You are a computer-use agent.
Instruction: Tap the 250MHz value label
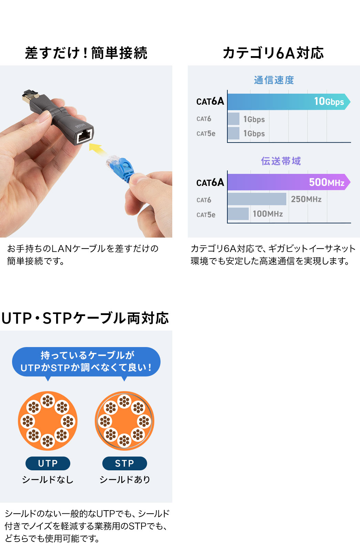point(306,199)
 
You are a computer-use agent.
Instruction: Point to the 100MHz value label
point(268,214)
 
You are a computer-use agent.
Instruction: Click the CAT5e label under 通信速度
point(206,134)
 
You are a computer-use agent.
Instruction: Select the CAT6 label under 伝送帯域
point(204,200)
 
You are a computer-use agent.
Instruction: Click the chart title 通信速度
point(274,80)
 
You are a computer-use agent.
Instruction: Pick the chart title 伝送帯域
point(281,161)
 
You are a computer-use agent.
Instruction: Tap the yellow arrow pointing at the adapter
point(97,149)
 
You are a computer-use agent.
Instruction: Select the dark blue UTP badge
point(48,463)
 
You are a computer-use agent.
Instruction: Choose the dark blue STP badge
point(124,463)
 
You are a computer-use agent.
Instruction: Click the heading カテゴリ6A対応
point(273,53)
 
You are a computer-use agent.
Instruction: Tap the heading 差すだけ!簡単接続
point(86,53)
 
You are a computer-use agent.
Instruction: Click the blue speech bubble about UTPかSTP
point(86,362)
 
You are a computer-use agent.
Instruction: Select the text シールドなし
point(48,480)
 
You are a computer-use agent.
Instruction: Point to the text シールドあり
point(125,480)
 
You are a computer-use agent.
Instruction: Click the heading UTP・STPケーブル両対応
point(85,318)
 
